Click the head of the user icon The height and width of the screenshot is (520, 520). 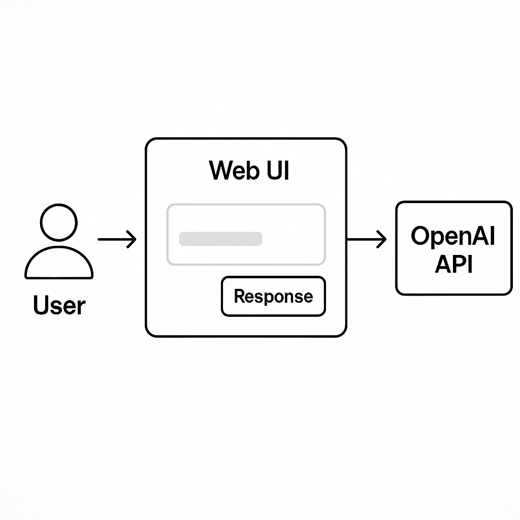tap(58, 222)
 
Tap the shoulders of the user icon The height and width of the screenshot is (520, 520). tap(59, 264)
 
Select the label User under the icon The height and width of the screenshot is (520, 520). tap(59, 306)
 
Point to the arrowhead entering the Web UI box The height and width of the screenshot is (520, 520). tap(132, 239)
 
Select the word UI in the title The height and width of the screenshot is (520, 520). tap(277, 171)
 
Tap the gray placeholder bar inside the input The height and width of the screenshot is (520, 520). tap(220, 239)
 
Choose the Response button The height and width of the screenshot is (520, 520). tap(273, 297)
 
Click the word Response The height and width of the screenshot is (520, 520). tap(273, 297)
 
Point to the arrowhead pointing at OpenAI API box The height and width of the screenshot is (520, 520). tap(382, 239)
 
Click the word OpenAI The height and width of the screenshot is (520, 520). tap(452, 236)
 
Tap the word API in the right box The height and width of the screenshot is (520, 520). tap(453, 264)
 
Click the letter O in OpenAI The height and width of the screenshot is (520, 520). tap(420, 236)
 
